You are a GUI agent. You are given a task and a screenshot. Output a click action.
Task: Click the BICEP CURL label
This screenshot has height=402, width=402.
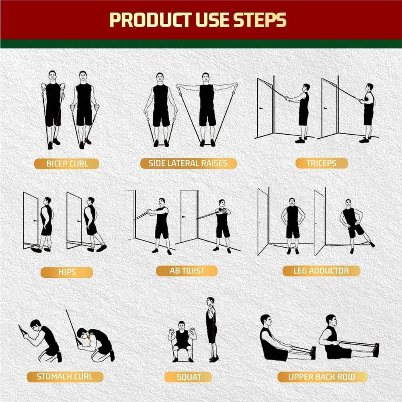(67, 164)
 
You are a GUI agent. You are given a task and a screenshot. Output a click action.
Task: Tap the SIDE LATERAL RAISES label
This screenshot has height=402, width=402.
(188, 163)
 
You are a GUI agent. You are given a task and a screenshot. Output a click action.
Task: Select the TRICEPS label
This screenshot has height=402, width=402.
(321, 163)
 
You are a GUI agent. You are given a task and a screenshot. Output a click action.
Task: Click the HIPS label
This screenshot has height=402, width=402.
(67, 272)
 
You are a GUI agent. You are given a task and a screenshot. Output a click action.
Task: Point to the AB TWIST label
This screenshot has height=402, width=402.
(187, 271)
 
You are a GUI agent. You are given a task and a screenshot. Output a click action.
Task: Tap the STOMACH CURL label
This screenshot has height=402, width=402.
(65, 377)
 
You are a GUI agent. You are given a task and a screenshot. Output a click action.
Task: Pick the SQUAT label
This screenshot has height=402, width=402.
(189, 377)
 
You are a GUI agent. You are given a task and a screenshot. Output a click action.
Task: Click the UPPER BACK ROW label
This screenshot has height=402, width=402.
(322, 377)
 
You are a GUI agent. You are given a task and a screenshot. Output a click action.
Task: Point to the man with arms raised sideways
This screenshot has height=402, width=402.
(207, 107)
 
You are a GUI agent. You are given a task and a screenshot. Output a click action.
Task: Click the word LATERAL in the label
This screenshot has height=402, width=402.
(188, 163)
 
